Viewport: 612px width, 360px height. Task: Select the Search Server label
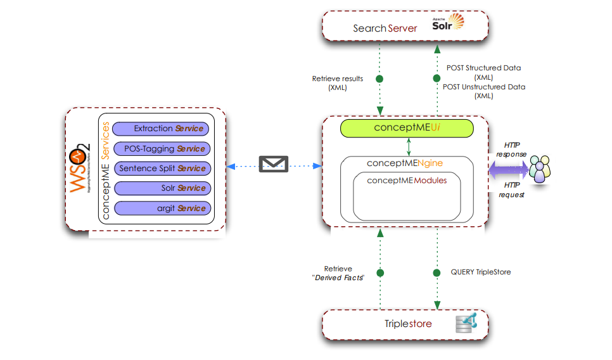point(385,29)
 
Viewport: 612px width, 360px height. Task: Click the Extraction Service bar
point(160,129)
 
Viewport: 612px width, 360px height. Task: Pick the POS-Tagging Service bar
point(160,149)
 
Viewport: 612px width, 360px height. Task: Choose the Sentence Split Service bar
point(160,169)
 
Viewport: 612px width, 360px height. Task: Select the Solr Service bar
point(160,188)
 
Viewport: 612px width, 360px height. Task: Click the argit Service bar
point(160,209)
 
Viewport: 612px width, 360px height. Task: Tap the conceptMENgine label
point(405,164)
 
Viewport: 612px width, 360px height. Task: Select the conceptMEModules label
point(407,181)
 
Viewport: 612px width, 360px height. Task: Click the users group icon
point(540,169)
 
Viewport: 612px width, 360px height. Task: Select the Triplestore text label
point(408,324)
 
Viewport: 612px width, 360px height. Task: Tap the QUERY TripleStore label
point(481,273)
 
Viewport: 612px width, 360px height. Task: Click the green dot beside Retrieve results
point(380,79)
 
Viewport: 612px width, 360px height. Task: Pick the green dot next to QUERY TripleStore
point(437,273)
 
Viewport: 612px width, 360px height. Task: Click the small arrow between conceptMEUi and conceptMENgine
point(409,147)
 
